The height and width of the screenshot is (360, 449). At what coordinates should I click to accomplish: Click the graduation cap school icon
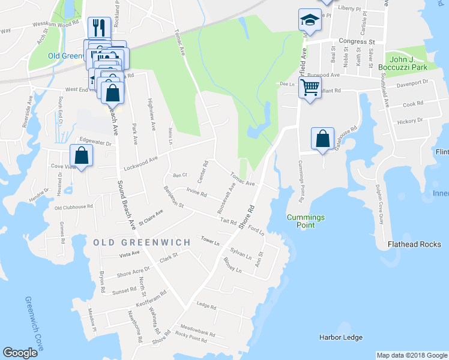pos(310,20)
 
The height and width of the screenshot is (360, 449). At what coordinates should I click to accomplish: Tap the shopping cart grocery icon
pos(310,88)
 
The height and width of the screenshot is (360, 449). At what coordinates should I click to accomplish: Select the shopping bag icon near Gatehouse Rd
pos(322,139)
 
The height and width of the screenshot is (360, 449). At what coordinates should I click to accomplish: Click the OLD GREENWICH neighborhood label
pos(142,242)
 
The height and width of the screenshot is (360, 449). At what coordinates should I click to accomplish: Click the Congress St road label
pos(356,42)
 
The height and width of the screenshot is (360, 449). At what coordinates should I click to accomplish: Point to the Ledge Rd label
pos(206,306)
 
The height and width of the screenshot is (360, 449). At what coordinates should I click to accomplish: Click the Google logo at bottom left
pos(20,353)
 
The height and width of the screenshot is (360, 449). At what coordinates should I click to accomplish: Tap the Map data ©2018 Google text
pos(412,355)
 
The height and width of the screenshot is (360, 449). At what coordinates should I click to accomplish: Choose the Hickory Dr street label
pos(410,121)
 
